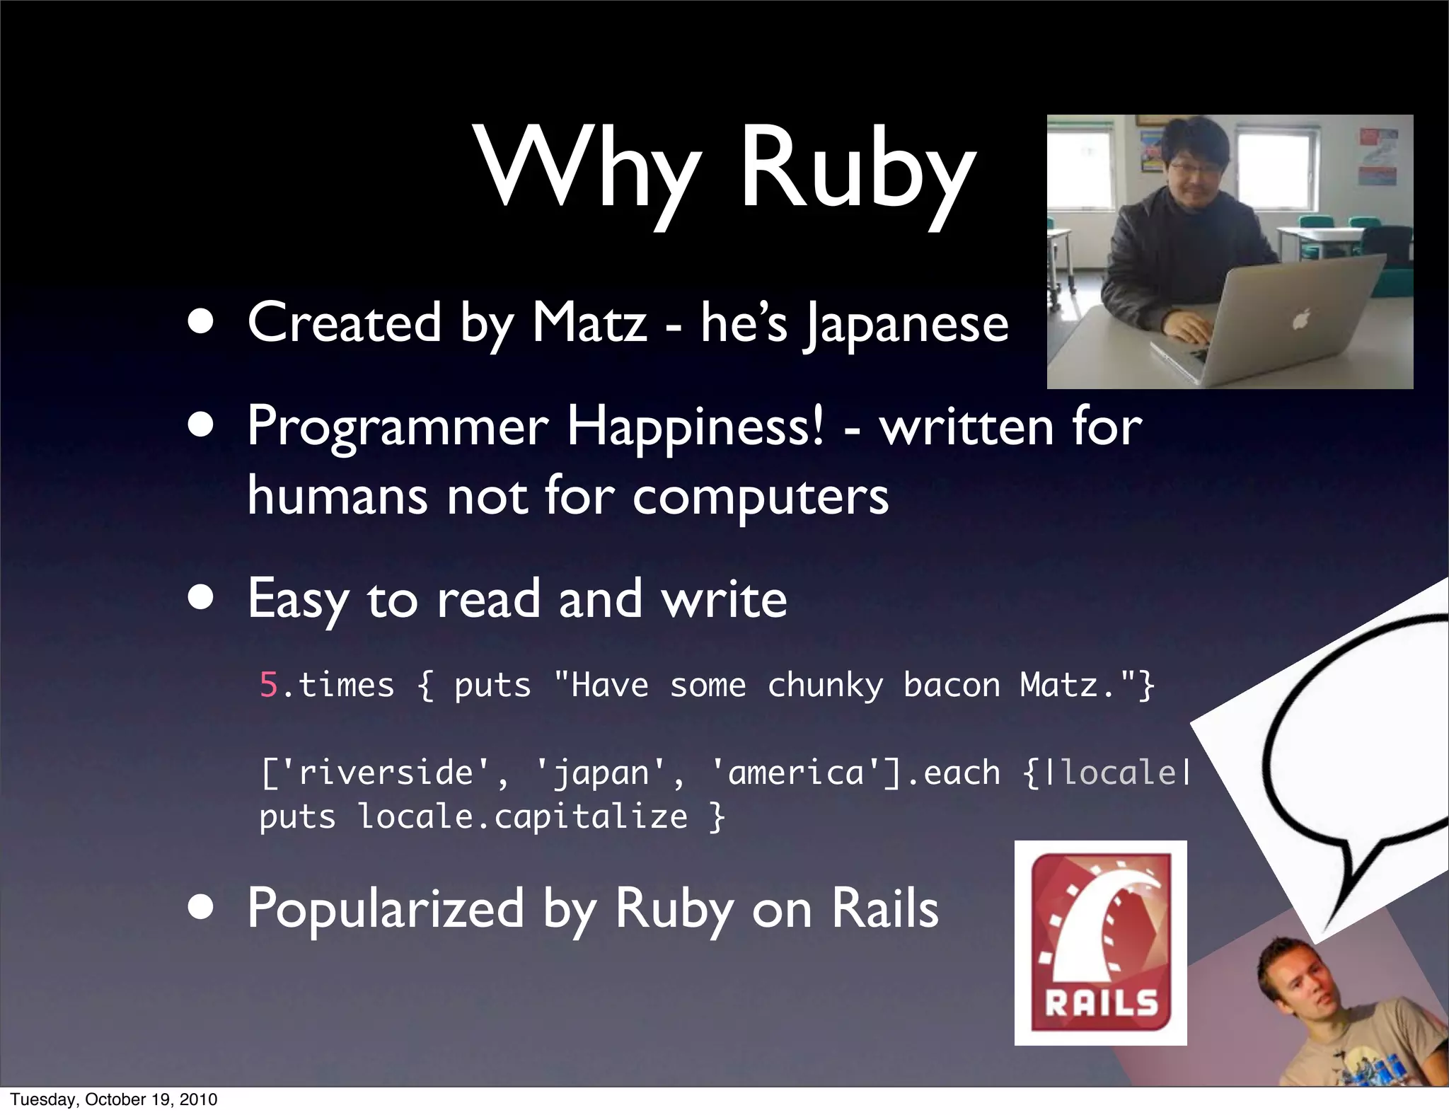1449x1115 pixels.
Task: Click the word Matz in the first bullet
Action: tap(589, 323)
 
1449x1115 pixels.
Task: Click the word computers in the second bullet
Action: tap(760, 496)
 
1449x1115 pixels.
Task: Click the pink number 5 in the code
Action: tap(269, 685)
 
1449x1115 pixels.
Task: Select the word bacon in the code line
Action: tap(951, 685)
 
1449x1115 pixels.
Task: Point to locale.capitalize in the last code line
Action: tap(521, 816)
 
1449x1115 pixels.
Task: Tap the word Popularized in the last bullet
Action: tap(386, 909)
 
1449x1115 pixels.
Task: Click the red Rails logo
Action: tap(1100, 942)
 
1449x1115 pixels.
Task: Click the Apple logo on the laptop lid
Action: tap(1300, 320)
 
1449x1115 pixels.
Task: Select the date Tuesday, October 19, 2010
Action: tap(114, 1099)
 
